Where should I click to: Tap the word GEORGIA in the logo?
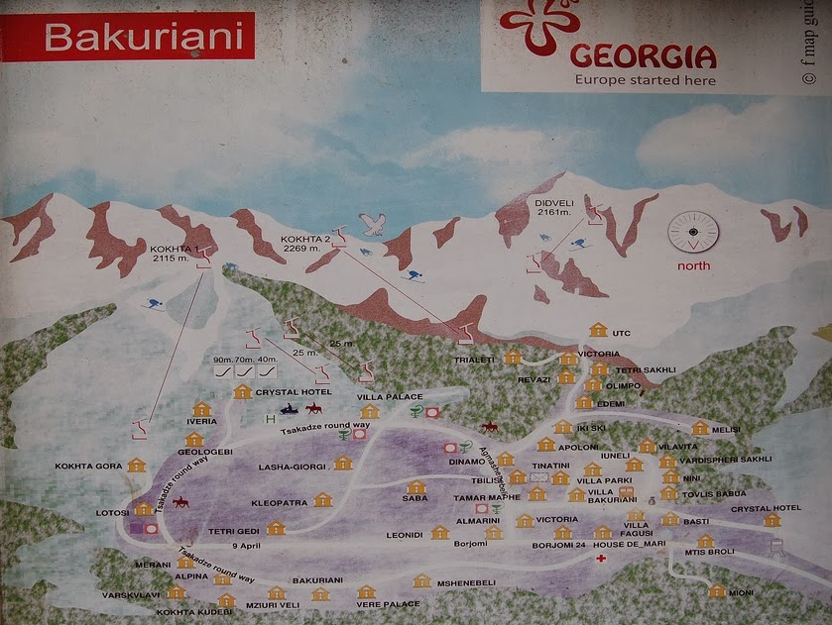point(643,54)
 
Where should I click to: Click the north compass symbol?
point(693,233)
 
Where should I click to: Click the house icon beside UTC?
point(597,331)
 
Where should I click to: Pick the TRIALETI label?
point(474,360)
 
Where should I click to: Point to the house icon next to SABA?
point(416,486)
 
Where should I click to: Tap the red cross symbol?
point(601,560)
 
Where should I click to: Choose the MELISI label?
point(726,430)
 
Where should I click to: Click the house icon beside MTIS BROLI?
point(705,541)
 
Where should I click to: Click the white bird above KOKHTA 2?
point(372,224)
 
